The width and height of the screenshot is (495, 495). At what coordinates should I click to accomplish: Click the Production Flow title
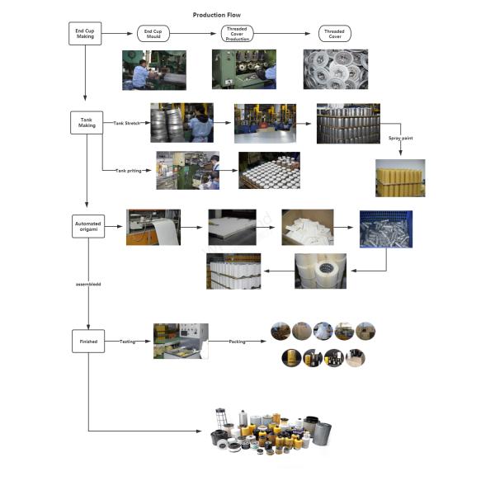click(217, 15)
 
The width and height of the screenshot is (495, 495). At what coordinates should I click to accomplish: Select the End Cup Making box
click(86, 34)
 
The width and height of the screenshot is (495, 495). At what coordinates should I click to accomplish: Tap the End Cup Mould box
click(153, 34)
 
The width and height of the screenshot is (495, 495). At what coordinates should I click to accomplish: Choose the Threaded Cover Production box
click(238, 34)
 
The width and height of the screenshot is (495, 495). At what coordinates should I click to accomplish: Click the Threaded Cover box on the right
click(334, 34)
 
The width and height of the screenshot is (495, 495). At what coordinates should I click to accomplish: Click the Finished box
click(88, 341)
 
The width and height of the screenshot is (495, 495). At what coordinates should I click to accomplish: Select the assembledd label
click(88, 284)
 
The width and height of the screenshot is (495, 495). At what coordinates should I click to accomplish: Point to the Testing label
click(127, 340)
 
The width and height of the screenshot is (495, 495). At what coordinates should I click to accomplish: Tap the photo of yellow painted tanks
click(400, 177)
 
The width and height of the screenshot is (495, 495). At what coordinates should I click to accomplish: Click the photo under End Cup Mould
click(154, 69)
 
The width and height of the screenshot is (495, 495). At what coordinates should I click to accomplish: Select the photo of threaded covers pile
click(335, 69)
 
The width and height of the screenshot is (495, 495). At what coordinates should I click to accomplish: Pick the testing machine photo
click(181, 341)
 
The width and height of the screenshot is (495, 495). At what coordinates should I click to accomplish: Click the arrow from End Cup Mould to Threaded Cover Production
click(195, 34)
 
